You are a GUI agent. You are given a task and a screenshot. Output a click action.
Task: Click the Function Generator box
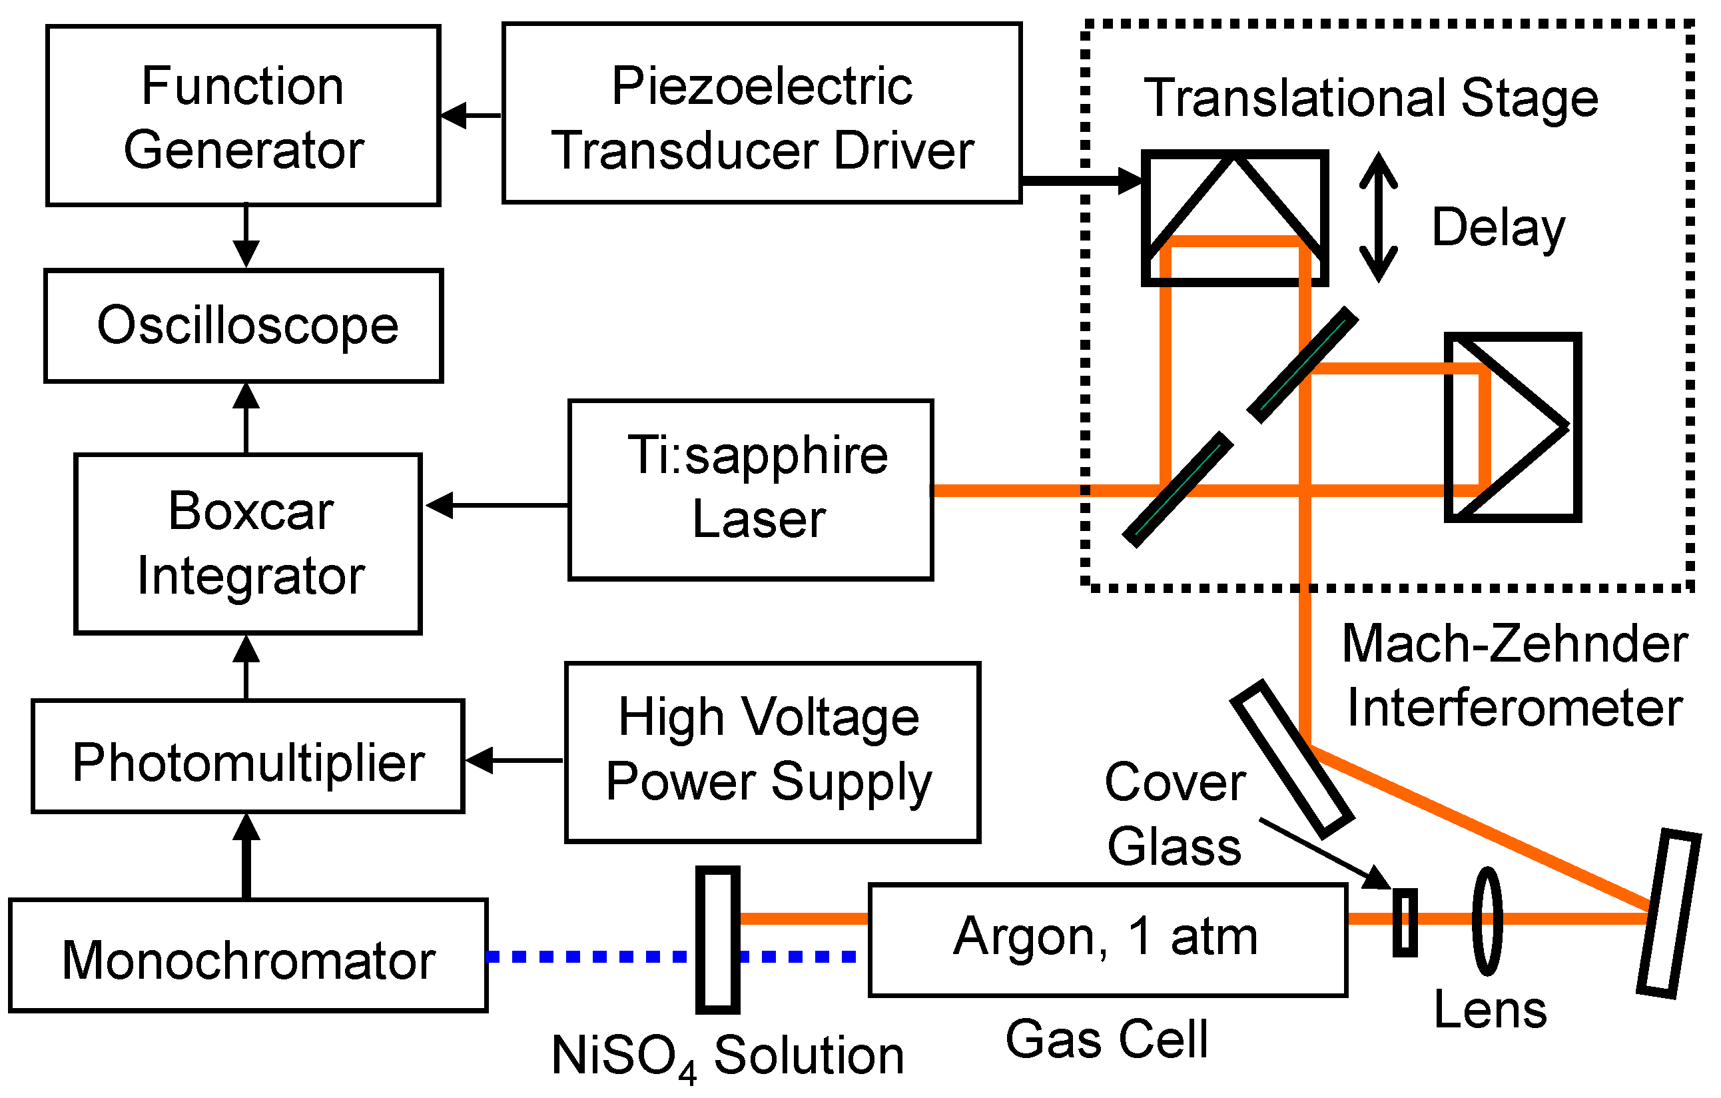[x=243, y=116]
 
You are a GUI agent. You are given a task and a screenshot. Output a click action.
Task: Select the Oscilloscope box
[x=244, y=326]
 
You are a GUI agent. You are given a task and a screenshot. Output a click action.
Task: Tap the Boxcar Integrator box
[x=248, y=544]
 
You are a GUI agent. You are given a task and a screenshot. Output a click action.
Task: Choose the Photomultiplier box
[x=248, y=757]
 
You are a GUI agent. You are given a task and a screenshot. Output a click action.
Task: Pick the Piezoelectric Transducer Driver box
[x=762, y=113]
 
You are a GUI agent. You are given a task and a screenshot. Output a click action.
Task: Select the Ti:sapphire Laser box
[x=751, y=490]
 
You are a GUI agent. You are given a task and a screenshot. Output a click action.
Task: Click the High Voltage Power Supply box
[x=773, y=753]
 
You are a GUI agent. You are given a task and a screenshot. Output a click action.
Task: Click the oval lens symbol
[x=1487, y=921]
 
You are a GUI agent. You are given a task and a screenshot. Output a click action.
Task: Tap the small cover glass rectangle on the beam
[x=1405, y=922]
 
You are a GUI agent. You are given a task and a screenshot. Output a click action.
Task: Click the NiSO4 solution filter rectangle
[x=717, y=940]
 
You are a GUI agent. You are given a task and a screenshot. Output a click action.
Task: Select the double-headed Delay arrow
[x=1378, y=217]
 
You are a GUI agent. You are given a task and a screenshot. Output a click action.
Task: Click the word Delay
[x=1498, y=227]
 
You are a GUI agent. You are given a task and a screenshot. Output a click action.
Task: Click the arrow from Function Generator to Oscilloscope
[x=246, y=237]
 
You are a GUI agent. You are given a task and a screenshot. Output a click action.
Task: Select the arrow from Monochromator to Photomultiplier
[x=246, y=855]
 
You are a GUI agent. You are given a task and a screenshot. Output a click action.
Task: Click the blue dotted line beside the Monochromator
[x=586, y=957]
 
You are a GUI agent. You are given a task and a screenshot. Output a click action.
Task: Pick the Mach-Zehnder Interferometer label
[x=1514, y=676]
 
